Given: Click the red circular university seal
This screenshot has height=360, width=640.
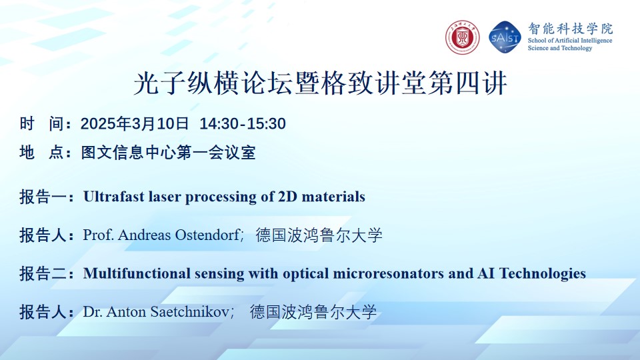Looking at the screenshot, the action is point(462,37).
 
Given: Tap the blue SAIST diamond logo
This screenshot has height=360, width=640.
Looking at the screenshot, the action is point(505,37).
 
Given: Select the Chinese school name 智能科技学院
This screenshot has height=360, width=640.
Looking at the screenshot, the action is point(570,29).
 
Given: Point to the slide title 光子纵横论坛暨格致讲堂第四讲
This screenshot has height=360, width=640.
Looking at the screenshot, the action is point(321,83).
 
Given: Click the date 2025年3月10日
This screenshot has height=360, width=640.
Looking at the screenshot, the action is point(135,123).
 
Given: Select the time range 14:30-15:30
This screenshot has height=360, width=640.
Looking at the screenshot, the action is point(243,124).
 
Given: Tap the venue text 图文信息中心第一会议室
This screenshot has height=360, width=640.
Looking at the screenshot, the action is point(168,152).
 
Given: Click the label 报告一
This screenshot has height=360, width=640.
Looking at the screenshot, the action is point(43,197).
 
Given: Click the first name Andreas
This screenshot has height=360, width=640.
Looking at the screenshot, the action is point(144,235).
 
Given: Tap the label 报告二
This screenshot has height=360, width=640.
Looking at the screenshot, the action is point(43,273).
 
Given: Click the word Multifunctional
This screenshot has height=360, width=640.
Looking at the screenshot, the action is point(137,273).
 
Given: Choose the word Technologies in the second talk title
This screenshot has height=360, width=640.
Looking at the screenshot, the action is point(543,273).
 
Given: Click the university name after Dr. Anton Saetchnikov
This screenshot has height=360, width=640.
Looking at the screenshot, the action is point(313,312).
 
